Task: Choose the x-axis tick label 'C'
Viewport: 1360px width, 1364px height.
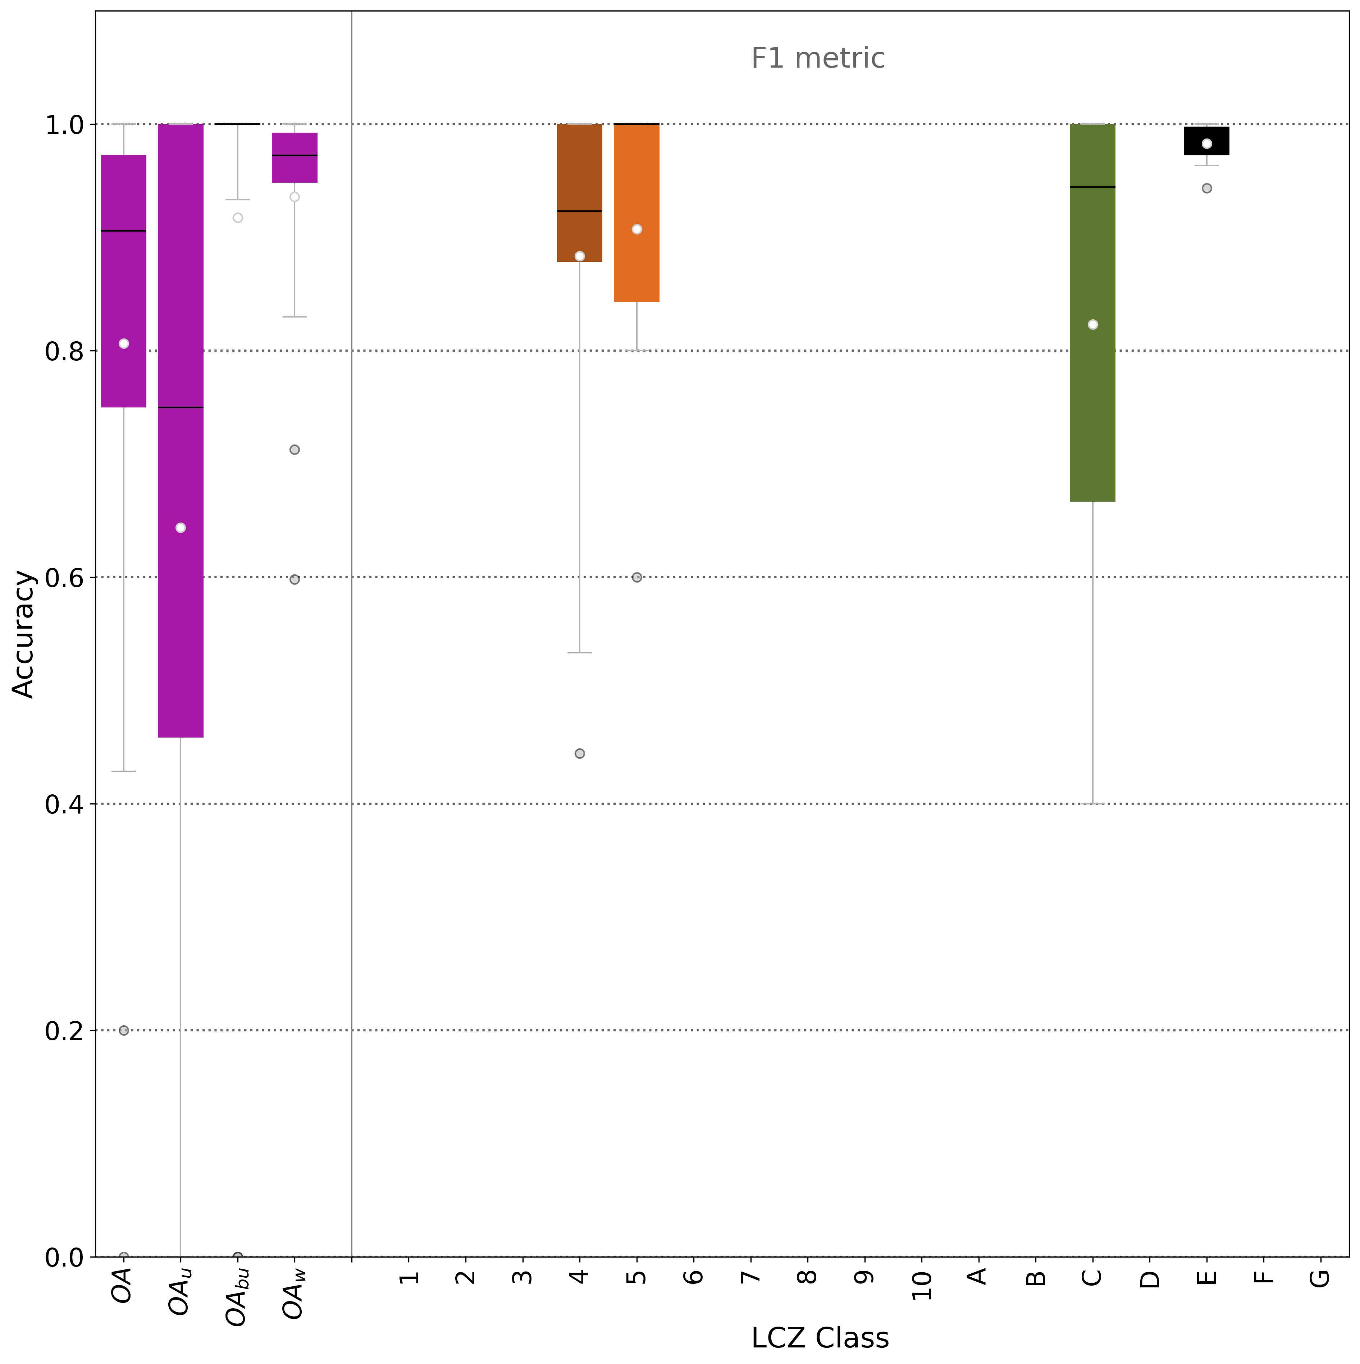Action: pos(1092,1278)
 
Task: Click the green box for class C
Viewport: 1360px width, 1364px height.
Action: pos(1092,395)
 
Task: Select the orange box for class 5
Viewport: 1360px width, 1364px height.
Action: pos(636,268)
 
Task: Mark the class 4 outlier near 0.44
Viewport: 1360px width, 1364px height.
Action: pos(580,753)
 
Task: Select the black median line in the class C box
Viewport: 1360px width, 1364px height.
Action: pos(1092,187)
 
